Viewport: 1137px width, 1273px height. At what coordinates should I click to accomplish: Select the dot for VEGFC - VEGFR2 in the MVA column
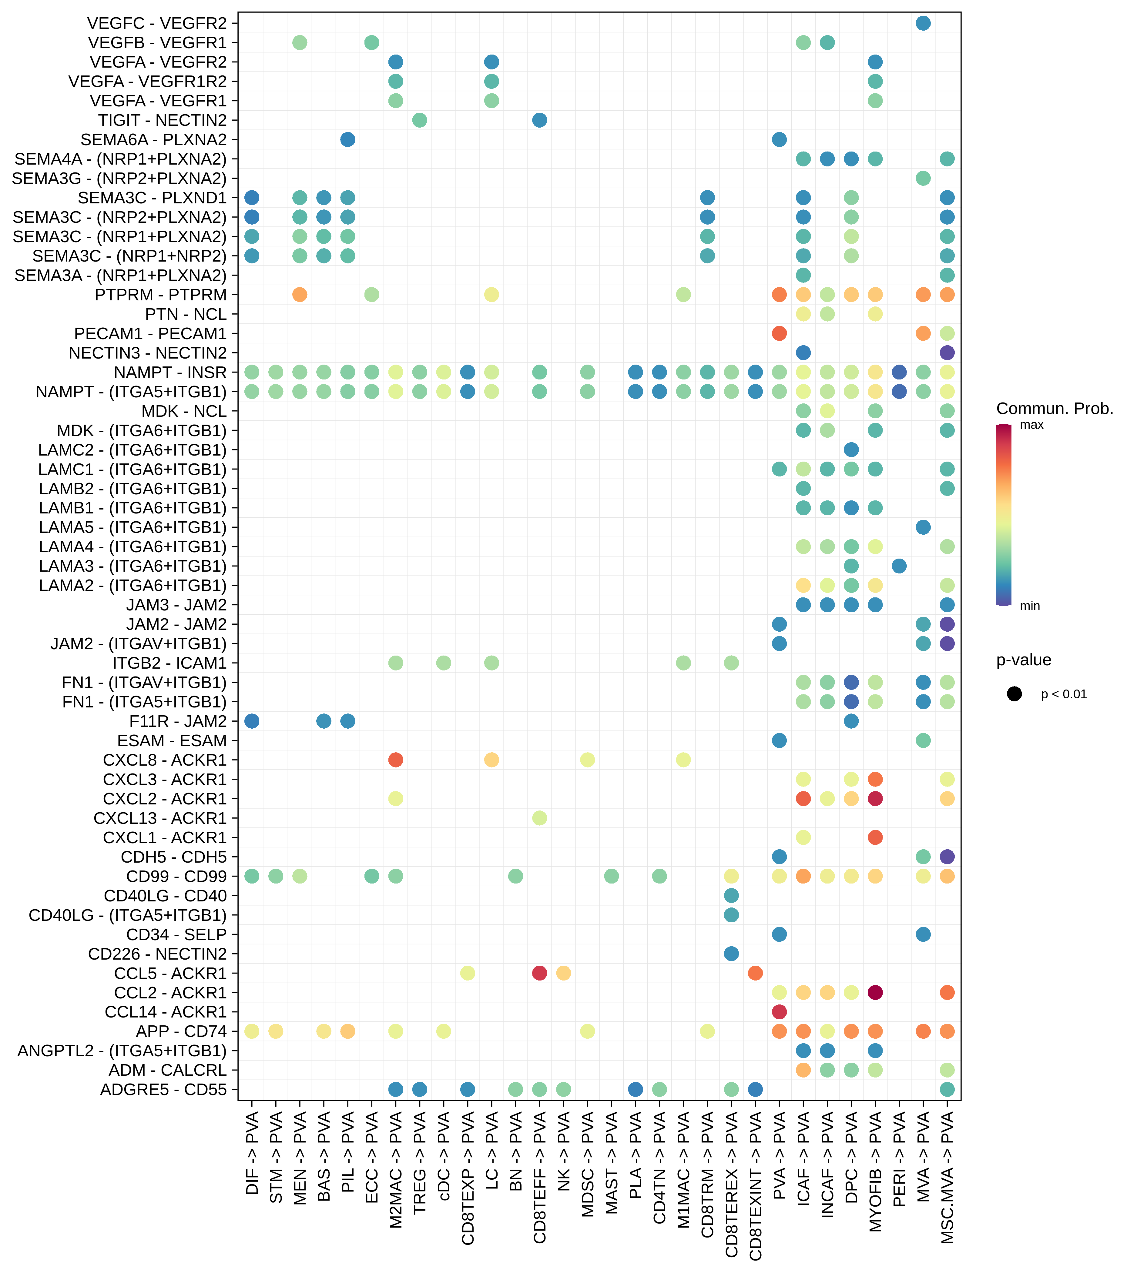[x=923, y=23]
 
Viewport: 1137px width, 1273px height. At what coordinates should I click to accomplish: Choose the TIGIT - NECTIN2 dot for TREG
[x=420, y=120]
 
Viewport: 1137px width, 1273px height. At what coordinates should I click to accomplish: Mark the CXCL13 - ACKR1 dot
[x=540, y=818]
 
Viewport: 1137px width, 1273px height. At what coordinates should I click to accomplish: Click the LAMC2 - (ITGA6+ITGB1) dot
[x=851, y=450]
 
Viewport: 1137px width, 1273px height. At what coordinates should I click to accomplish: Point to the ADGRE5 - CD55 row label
[x=164, y=1089]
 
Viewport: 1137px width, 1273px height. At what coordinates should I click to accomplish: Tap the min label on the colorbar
[x=1030, y=606]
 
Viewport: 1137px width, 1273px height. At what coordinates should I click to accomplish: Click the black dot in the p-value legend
[x=1015, y=694]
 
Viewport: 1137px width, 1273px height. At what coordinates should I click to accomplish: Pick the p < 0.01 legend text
[x=1063, y=695]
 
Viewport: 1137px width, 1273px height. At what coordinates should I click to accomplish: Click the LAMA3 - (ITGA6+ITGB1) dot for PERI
[x=899, y=566]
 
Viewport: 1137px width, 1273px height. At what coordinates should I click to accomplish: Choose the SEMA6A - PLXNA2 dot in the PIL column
[x=348, y=139]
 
